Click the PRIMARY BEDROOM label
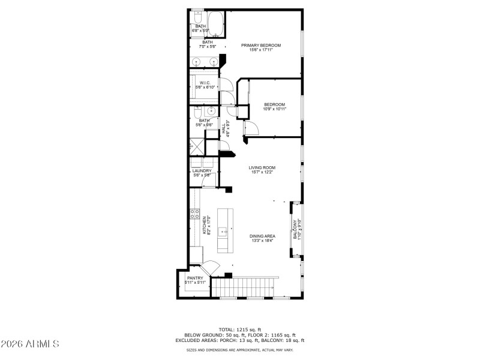coord(261,45)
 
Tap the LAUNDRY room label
coord(202,171)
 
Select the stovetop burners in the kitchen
coord(194,213)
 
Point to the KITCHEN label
coord(205,225)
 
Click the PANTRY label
coord(195,278)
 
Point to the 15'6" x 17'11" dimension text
coord(261,50)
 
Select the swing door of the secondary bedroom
coord(251,128)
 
